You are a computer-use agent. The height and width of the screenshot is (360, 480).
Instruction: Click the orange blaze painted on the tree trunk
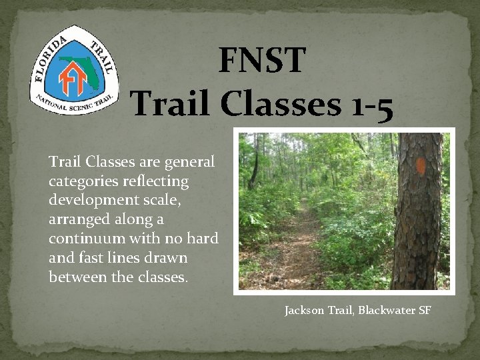420,167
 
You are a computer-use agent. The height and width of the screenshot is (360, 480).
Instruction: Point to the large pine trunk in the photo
417,220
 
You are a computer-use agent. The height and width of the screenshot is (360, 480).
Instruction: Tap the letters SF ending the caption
425,311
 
